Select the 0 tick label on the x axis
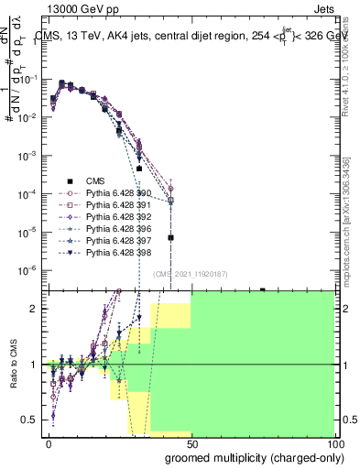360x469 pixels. pos(49,442)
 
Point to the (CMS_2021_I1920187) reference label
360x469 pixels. pos(191,273)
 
